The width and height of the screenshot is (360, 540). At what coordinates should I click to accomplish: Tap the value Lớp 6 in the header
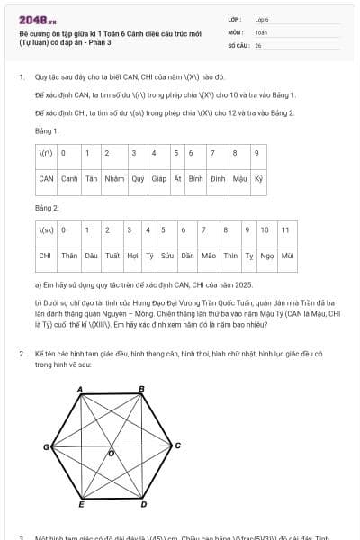coord(262,18)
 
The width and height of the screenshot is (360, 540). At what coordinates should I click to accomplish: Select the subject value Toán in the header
coord(261,31)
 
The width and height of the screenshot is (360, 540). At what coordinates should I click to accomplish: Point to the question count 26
coord(258,44)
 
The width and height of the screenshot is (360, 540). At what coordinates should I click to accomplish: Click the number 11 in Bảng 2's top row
coord(286,230)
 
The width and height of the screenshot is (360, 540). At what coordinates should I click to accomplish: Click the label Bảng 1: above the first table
coord(46,130)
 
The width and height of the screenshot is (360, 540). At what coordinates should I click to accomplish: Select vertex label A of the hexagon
coord(80,389)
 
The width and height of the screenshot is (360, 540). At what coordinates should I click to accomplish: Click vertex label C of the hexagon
coord(177,445)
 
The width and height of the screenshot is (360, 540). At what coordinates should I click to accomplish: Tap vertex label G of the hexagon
coord(45,447)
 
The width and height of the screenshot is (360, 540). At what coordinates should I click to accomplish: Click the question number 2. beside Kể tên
coord(22,354)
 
